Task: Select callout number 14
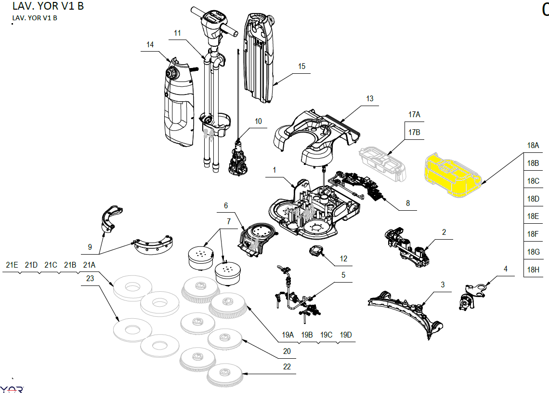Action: point(150,44)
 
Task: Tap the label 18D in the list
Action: point(533,199)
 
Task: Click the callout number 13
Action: point(369,98)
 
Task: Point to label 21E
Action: point(12,265)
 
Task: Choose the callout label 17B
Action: point(414,132)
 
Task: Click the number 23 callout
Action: point(90,278)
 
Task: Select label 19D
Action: point(346,335)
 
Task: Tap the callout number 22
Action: point(287,366)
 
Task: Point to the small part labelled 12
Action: point(315,252)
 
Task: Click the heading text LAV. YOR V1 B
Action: point(41,7)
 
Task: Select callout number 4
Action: point(505,269)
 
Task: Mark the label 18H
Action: point(533,270)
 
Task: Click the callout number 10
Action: point(259,121)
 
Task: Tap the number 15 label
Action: point(301,66)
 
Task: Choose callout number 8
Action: point(408,203)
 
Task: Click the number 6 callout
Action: point(225,205)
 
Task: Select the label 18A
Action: point(533,145)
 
